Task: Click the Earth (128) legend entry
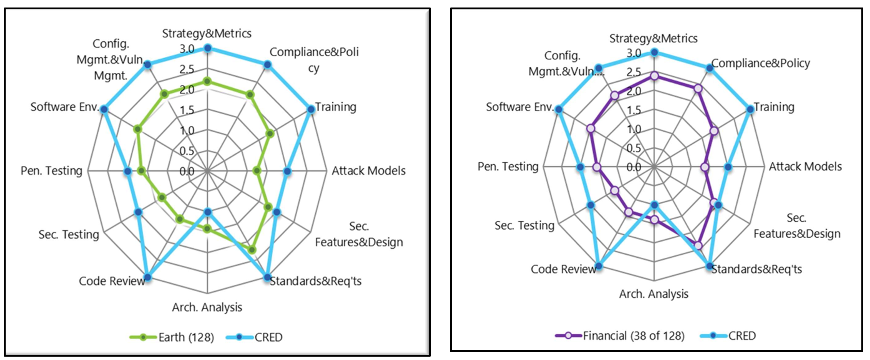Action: pos(186,337)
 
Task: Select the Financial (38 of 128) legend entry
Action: pos(633,336)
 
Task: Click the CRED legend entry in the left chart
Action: pos(268,337)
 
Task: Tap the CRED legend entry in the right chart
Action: pos(742,336)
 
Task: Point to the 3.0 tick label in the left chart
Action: pos(187,49)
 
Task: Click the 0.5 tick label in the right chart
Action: pos(634,148)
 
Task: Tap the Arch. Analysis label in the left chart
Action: pos(207,307)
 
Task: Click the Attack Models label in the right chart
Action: pos(805,166)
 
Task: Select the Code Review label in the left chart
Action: pos(112,281)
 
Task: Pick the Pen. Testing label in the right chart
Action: pos(508,166)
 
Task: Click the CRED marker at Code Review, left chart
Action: pos(147,277)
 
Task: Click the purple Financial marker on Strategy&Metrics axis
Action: pos(654,76)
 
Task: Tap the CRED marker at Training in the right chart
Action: pos(750,109)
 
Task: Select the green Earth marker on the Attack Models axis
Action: pos(257,171)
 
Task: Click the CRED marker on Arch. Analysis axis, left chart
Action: pos(207,213)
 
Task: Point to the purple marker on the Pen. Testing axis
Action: pos(597,167)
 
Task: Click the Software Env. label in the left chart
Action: pos(64,107)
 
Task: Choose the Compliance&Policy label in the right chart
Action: pos(760,63)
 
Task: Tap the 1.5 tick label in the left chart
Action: pos(187,110)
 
